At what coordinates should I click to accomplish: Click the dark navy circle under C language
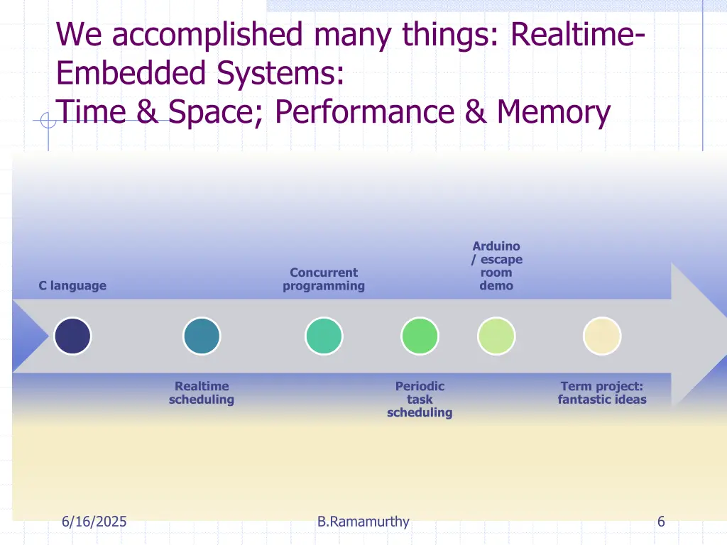tap(73, 336)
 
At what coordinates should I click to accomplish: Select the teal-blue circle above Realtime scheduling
tap(202, 336)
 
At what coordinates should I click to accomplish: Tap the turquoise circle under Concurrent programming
tap(324, 336)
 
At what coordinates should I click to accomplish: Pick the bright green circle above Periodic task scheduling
tap(420, 336)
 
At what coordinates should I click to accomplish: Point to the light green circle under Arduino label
tap(496, 336)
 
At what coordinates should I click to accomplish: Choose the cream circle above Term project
tap(602, 336)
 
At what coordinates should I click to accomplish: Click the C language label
tap(72, 286)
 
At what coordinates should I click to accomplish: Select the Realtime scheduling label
tap(202, 393)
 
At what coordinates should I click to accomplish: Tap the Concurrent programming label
tap(324, 280)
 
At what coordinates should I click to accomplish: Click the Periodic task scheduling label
tap(420, 400)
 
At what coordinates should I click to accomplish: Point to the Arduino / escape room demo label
tap(497, 266)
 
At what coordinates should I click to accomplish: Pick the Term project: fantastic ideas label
tap(602, 393)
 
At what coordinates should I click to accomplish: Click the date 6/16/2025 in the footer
tap(94, 522)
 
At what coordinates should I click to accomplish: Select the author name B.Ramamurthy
tap(363, 522)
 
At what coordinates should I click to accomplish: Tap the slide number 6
tap(661, 522)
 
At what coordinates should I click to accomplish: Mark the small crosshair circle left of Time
tap(48, 121)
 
